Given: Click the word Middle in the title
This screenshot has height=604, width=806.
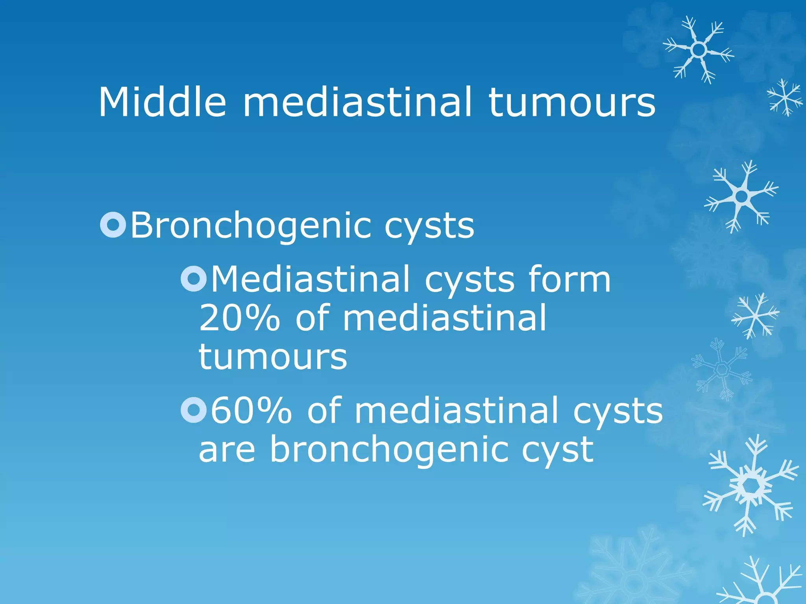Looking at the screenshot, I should coord(162,102).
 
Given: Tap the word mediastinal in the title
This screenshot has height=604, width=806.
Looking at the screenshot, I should coord(357,102).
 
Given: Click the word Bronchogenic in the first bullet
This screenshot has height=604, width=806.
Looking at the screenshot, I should coord(251,226).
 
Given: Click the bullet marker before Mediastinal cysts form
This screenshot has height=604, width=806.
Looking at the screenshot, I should coord(193,279).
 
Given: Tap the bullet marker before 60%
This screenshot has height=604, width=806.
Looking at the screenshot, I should coord(193,410).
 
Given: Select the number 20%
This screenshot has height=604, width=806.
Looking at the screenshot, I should coord(239,318).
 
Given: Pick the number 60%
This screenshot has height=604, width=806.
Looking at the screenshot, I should coord(251,411).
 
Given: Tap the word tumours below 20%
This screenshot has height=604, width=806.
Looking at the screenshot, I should coord(273,357).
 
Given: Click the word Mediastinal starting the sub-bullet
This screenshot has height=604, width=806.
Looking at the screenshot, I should coord(311,279).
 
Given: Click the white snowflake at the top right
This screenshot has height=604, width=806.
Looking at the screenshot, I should coord(699,50).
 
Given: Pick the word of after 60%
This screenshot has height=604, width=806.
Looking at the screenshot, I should coord(324,411).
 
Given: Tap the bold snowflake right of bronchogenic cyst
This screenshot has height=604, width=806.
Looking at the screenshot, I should coord(751,486).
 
